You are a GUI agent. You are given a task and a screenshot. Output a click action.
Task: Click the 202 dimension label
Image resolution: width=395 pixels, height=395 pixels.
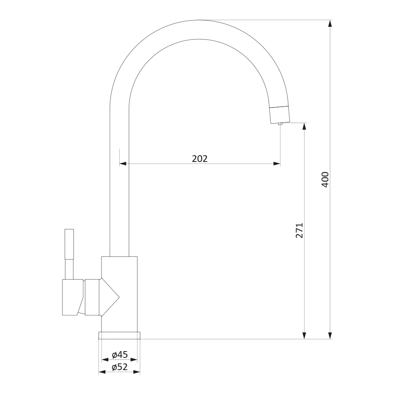(x=200, y=159)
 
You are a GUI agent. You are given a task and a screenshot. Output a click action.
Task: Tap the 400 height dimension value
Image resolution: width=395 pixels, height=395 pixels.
(x=325, y=180)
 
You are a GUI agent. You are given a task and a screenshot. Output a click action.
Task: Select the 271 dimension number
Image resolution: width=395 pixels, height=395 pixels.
(x=299, y=231)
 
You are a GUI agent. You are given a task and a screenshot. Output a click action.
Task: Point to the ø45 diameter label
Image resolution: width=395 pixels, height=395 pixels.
(x=120, y=355)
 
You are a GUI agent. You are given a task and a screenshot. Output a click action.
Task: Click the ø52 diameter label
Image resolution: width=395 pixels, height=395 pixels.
(x=120, y=367)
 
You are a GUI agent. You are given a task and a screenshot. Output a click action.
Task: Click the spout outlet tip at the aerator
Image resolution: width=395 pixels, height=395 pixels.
(x=280, y=124)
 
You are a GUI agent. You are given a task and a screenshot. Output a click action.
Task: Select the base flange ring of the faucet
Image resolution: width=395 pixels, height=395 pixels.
(x=119, y=335)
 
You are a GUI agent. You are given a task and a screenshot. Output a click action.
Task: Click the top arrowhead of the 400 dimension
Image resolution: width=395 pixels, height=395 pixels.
(x=330, y=23)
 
